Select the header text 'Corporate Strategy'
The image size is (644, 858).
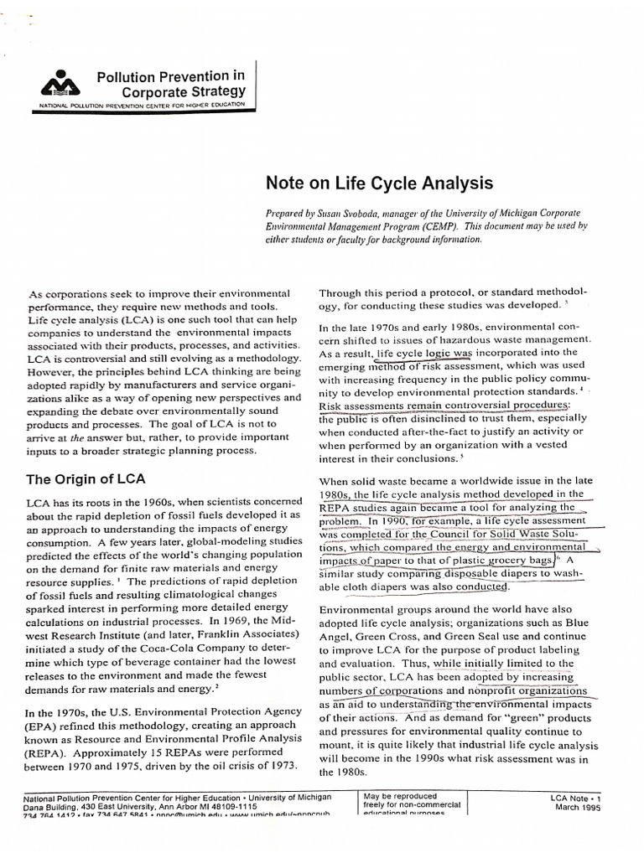click(184, 90)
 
